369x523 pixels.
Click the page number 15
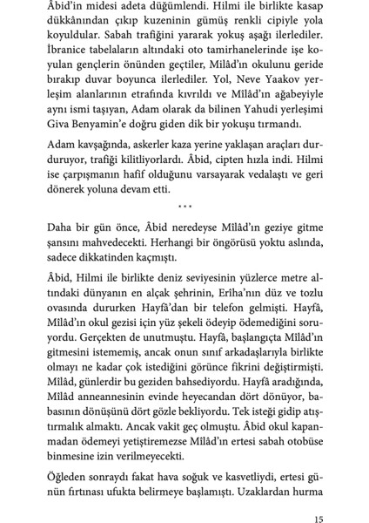click(318, 499)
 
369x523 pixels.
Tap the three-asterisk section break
click(184, 206)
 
